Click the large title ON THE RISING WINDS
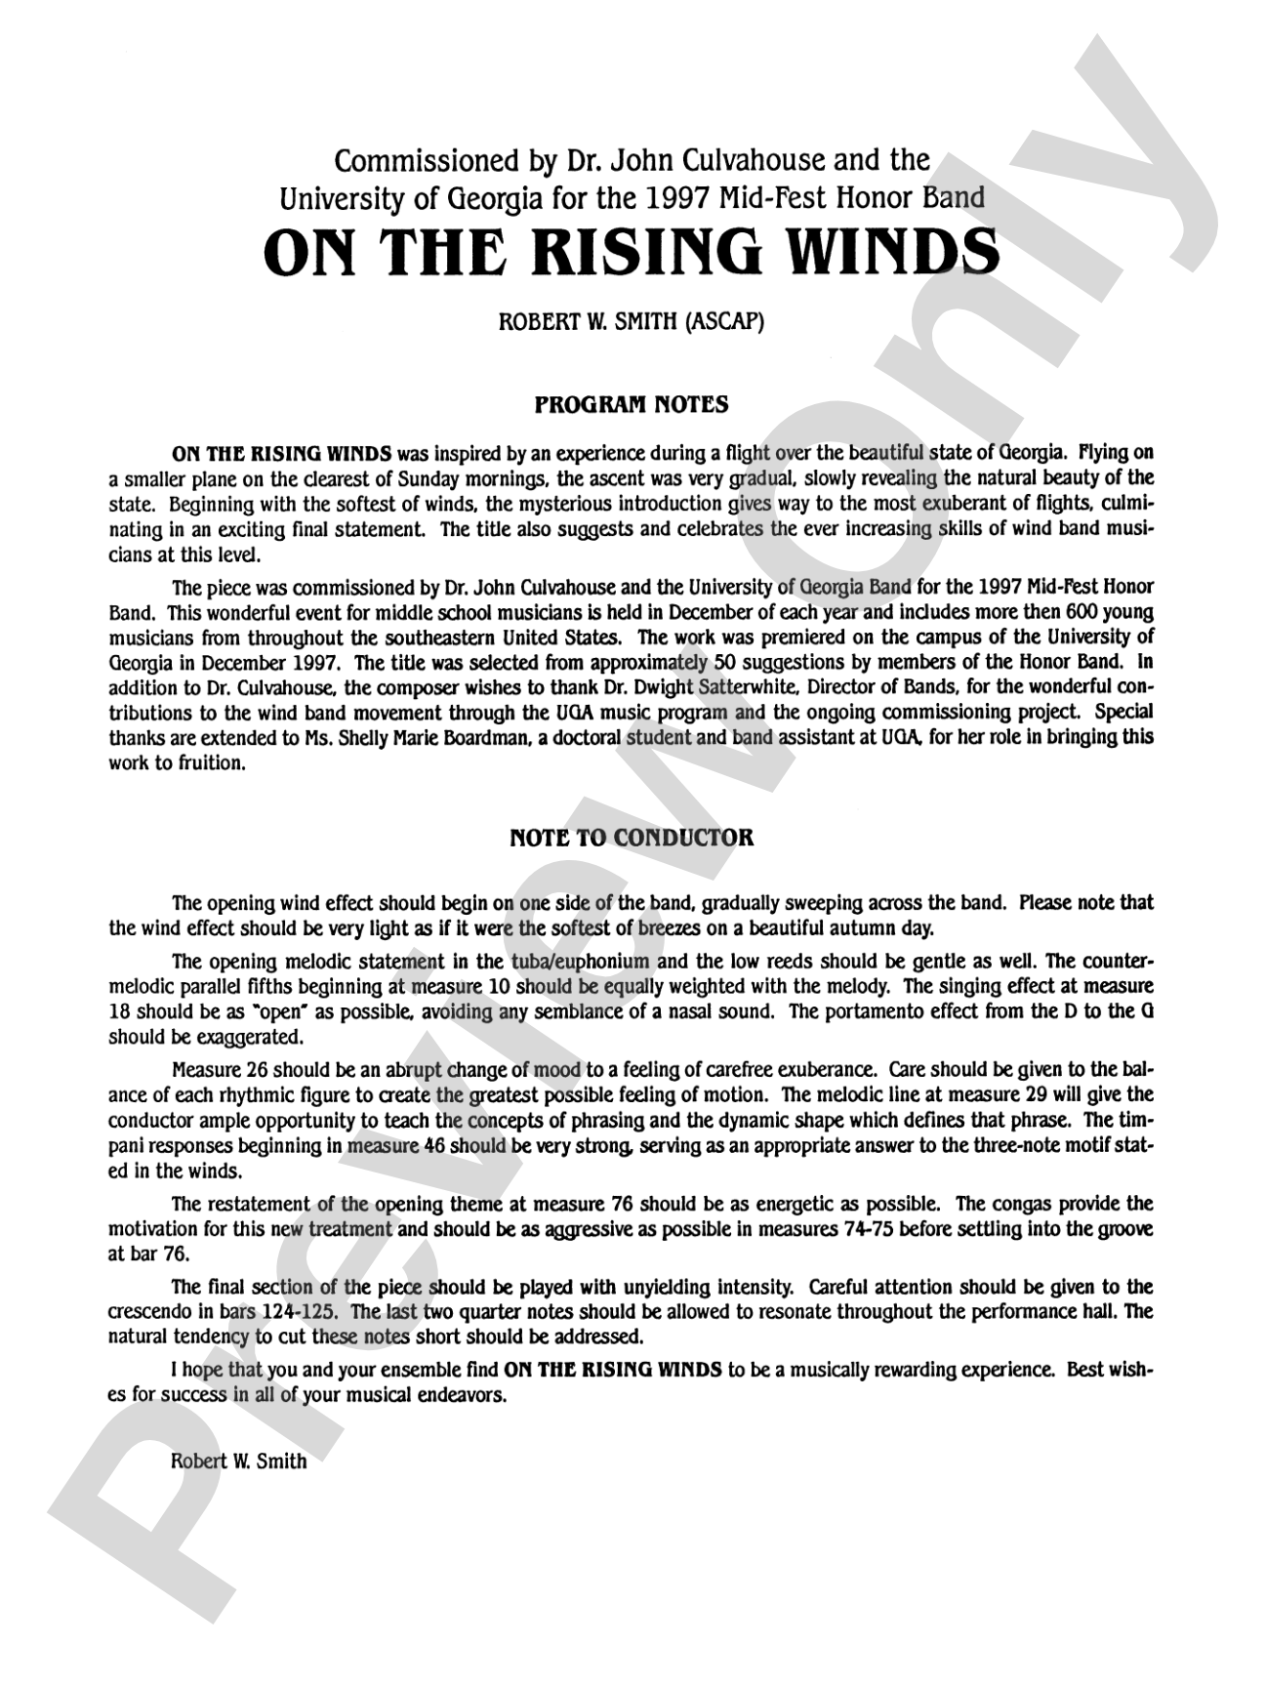[x=632, y=251]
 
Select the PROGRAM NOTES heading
[x=632, y=404]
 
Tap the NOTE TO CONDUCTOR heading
[x=632, y=838]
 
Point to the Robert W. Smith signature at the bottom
[x=238, y=1461]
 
